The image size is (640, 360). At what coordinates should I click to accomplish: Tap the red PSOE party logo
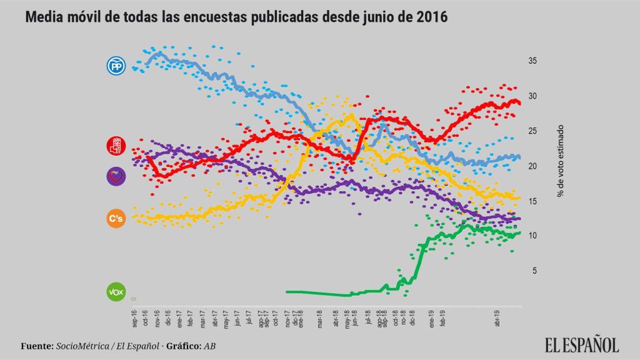coord(116,146)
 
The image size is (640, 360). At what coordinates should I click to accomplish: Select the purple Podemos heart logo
coord(116,176)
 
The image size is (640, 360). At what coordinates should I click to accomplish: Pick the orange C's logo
coord(116,218)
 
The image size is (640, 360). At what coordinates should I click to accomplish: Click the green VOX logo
coord(116,292)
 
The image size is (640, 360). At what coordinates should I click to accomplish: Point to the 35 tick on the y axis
coord(533,61)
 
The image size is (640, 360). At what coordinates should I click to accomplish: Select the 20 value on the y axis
coord(533,166)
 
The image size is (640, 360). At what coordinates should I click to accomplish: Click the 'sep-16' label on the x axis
coord(135,318)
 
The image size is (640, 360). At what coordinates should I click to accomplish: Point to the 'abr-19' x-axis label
coord(498,318)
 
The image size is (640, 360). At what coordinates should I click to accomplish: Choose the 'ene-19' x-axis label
coord(431,318)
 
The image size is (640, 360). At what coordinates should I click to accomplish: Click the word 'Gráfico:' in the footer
coord(182,346)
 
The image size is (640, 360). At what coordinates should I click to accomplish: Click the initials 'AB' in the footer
coord(211,346)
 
